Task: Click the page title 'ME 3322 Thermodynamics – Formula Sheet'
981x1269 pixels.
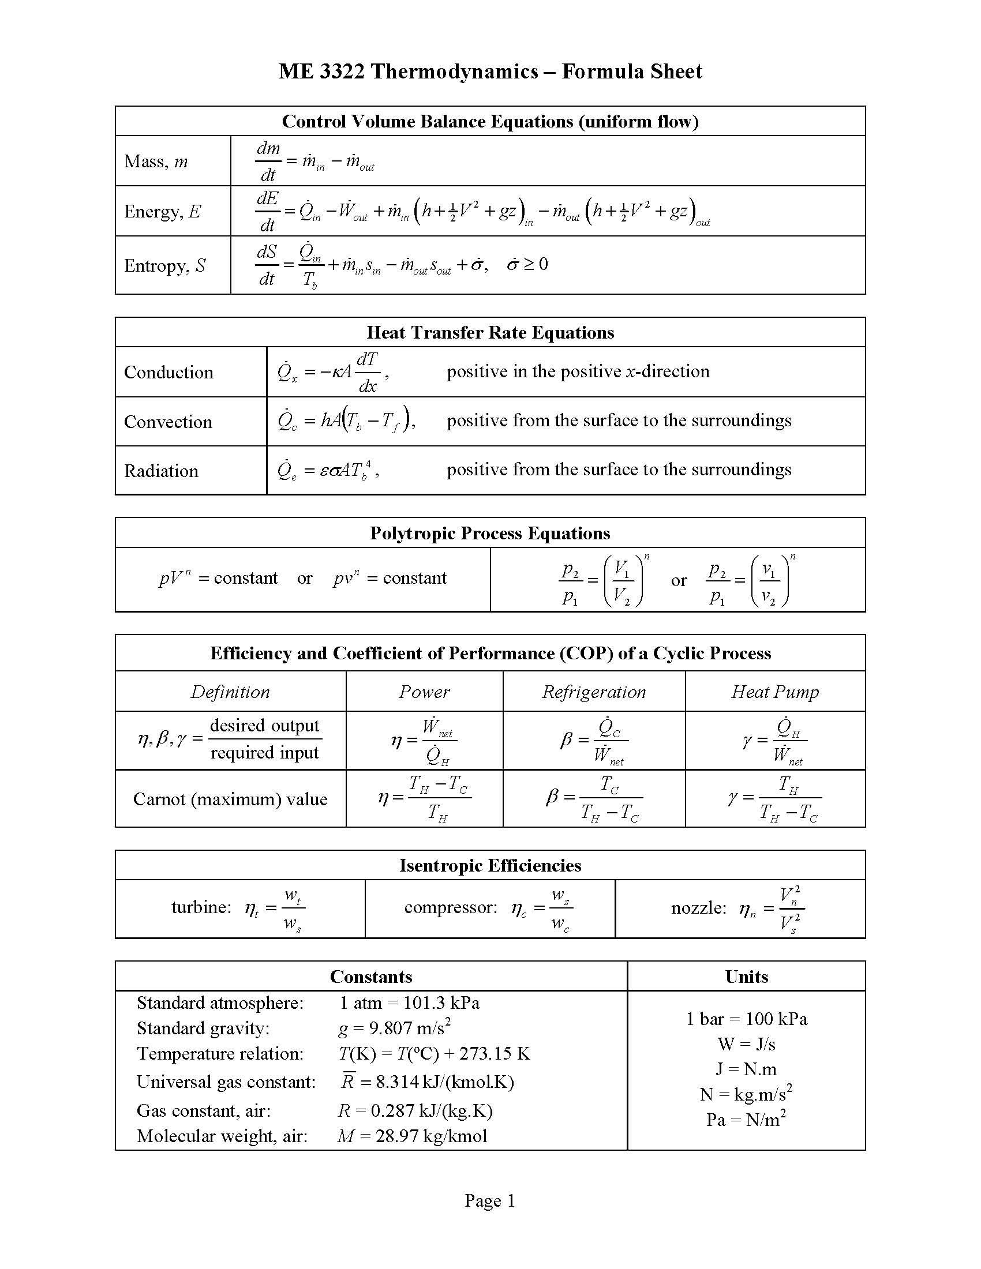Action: pyautogui.click(x=490, y=72)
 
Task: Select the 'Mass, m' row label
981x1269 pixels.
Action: pyautogui.click(x=156, y=161)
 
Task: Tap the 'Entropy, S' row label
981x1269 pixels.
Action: pyautogui.click(x=164, y=265)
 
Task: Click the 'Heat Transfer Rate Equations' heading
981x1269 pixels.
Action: pyautogui.click(x=490, y=332)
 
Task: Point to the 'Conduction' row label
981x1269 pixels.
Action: pyautogui.click(x=169, y=372)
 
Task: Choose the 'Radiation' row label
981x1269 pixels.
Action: pyautogui.click(x=161, y=471)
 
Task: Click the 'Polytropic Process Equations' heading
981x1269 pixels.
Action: pyautogui.click(x=490, y=534)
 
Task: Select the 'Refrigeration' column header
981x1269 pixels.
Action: pyautogui.click(x=593, y=692)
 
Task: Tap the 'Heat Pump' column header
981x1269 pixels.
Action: pyautogui.click(x=774, y=692)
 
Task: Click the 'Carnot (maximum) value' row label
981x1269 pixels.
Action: pyautogui.click(x=230, y=799)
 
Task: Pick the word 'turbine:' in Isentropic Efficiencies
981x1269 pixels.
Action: pyautogui.click(x=201, y=907)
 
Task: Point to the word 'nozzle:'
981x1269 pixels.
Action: pyautogui.click(x=699, y=907)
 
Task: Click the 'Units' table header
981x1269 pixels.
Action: pyautogui.click(x=746, y=977)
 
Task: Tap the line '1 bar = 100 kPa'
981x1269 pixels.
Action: pyautogui.click(x=746, y=1019)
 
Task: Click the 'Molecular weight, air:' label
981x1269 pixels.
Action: pyautogui.click(x=222, y=1136)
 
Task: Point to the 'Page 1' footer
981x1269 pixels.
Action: pyautogui.click(x=490, y=1200)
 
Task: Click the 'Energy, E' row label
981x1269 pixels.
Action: pyautogui.click(x=162, y=211)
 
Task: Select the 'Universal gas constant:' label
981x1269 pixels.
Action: pyautogui.click(x=226, y=1082)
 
